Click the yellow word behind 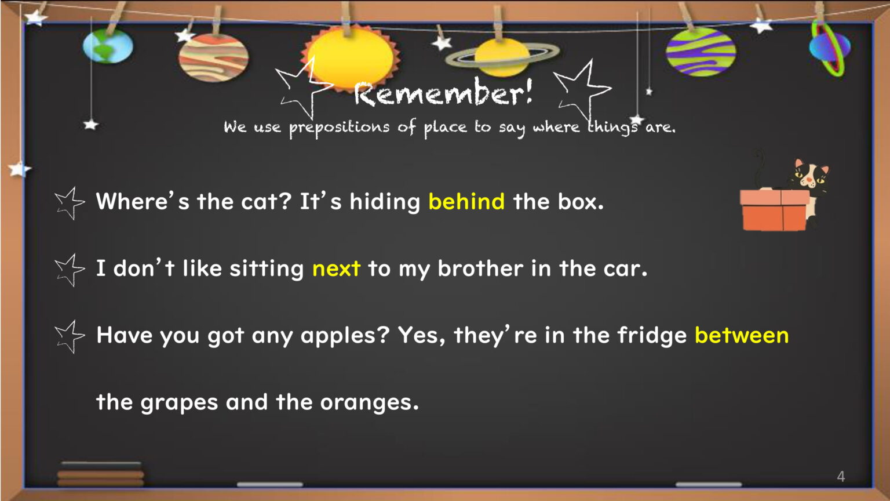[466, 201]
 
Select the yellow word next [337, 268]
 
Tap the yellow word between [742, 335]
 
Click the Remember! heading [443, 92]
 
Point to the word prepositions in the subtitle [339, 127]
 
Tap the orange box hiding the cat [774, 210]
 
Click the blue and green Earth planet [108, 46]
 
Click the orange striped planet [213, 57]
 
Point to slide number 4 [841, 476]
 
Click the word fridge [652, 335]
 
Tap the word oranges [370, 403]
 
